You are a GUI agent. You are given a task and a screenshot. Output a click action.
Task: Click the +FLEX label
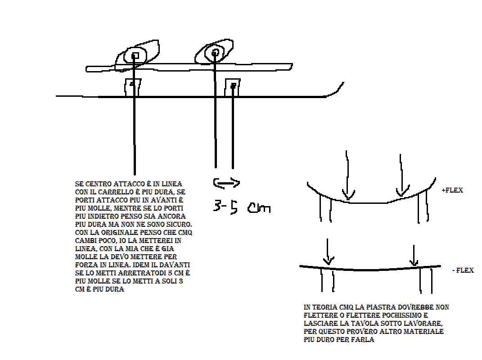(x=452, y=190)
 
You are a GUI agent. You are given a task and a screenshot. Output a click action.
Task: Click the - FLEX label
(x=463, y=270)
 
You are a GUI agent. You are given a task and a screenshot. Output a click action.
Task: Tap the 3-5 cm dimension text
(x=242, y=207)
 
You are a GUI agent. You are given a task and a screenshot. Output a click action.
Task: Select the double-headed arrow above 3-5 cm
(x=226, y=183)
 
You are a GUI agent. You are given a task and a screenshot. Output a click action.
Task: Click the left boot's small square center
(x=135, y=56)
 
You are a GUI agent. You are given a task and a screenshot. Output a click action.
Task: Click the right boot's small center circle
(x=215, y=53)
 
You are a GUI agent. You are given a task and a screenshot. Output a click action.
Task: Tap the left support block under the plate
(x=133, y=87)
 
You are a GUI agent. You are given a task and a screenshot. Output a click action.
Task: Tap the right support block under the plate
(x=232, y=88)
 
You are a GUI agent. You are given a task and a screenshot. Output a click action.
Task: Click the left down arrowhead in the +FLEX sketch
(x=348, y=196)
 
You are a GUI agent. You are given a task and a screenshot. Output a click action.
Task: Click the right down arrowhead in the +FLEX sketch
(x=403, y=191)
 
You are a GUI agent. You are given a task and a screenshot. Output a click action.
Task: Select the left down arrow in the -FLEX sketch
(x=328, y=252)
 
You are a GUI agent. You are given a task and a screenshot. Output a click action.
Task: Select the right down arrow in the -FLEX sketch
(x=414, y=255)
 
